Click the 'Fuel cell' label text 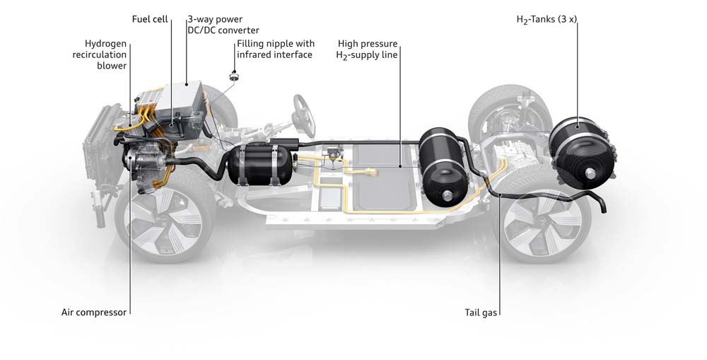150,19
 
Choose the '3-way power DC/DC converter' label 223,25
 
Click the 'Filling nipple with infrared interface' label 275,49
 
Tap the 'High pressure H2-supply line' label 368,49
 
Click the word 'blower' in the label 112,66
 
